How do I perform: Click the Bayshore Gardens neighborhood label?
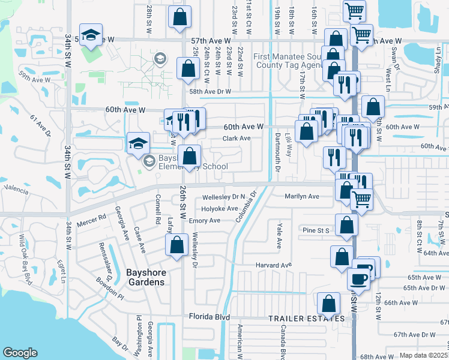click(145, 276)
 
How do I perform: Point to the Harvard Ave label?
click(273, 265)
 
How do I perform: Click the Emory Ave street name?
click(205, 221)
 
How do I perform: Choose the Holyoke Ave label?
click(220, 209)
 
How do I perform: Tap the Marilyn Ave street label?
click(302, 196)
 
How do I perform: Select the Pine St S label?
click(317, 230)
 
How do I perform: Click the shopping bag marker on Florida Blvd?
click(328, 304)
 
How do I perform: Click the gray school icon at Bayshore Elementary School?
click(148, 161)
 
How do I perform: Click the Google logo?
click(20, 353)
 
